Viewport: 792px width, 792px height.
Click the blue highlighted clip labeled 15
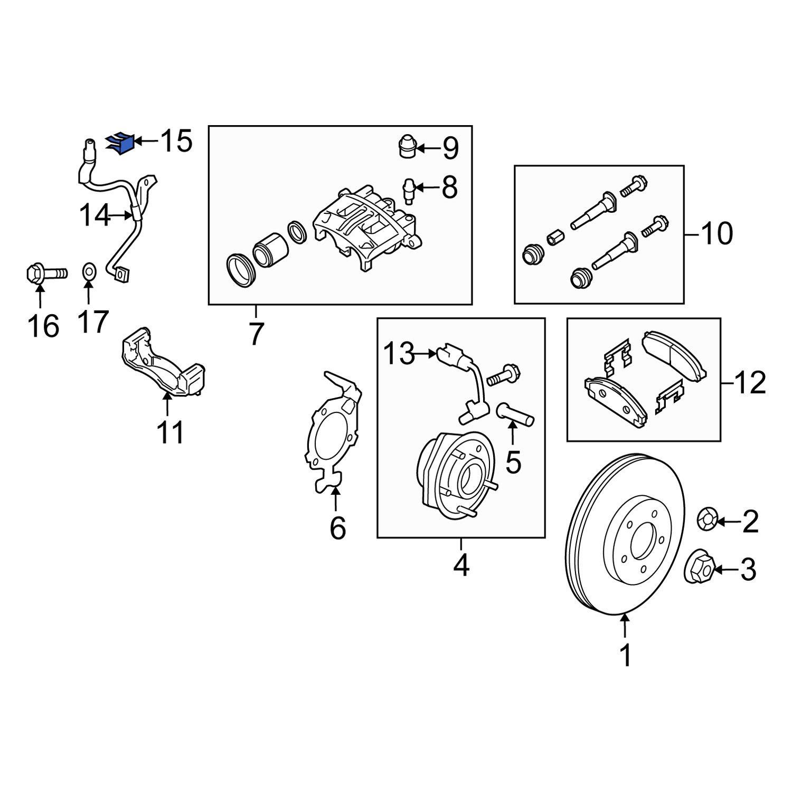(x=121, y=143)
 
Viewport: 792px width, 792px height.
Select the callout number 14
(x=95, y=215)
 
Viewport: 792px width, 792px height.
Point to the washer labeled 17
(x=89, y=272)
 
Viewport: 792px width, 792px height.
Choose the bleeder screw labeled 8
(x=408, y=190)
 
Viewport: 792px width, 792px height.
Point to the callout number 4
(x=461, y=565)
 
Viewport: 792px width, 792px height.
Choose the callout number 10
(x=717, y=233)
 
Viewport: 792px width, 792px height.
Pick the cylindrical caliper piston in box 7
(x=270, y=249)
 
